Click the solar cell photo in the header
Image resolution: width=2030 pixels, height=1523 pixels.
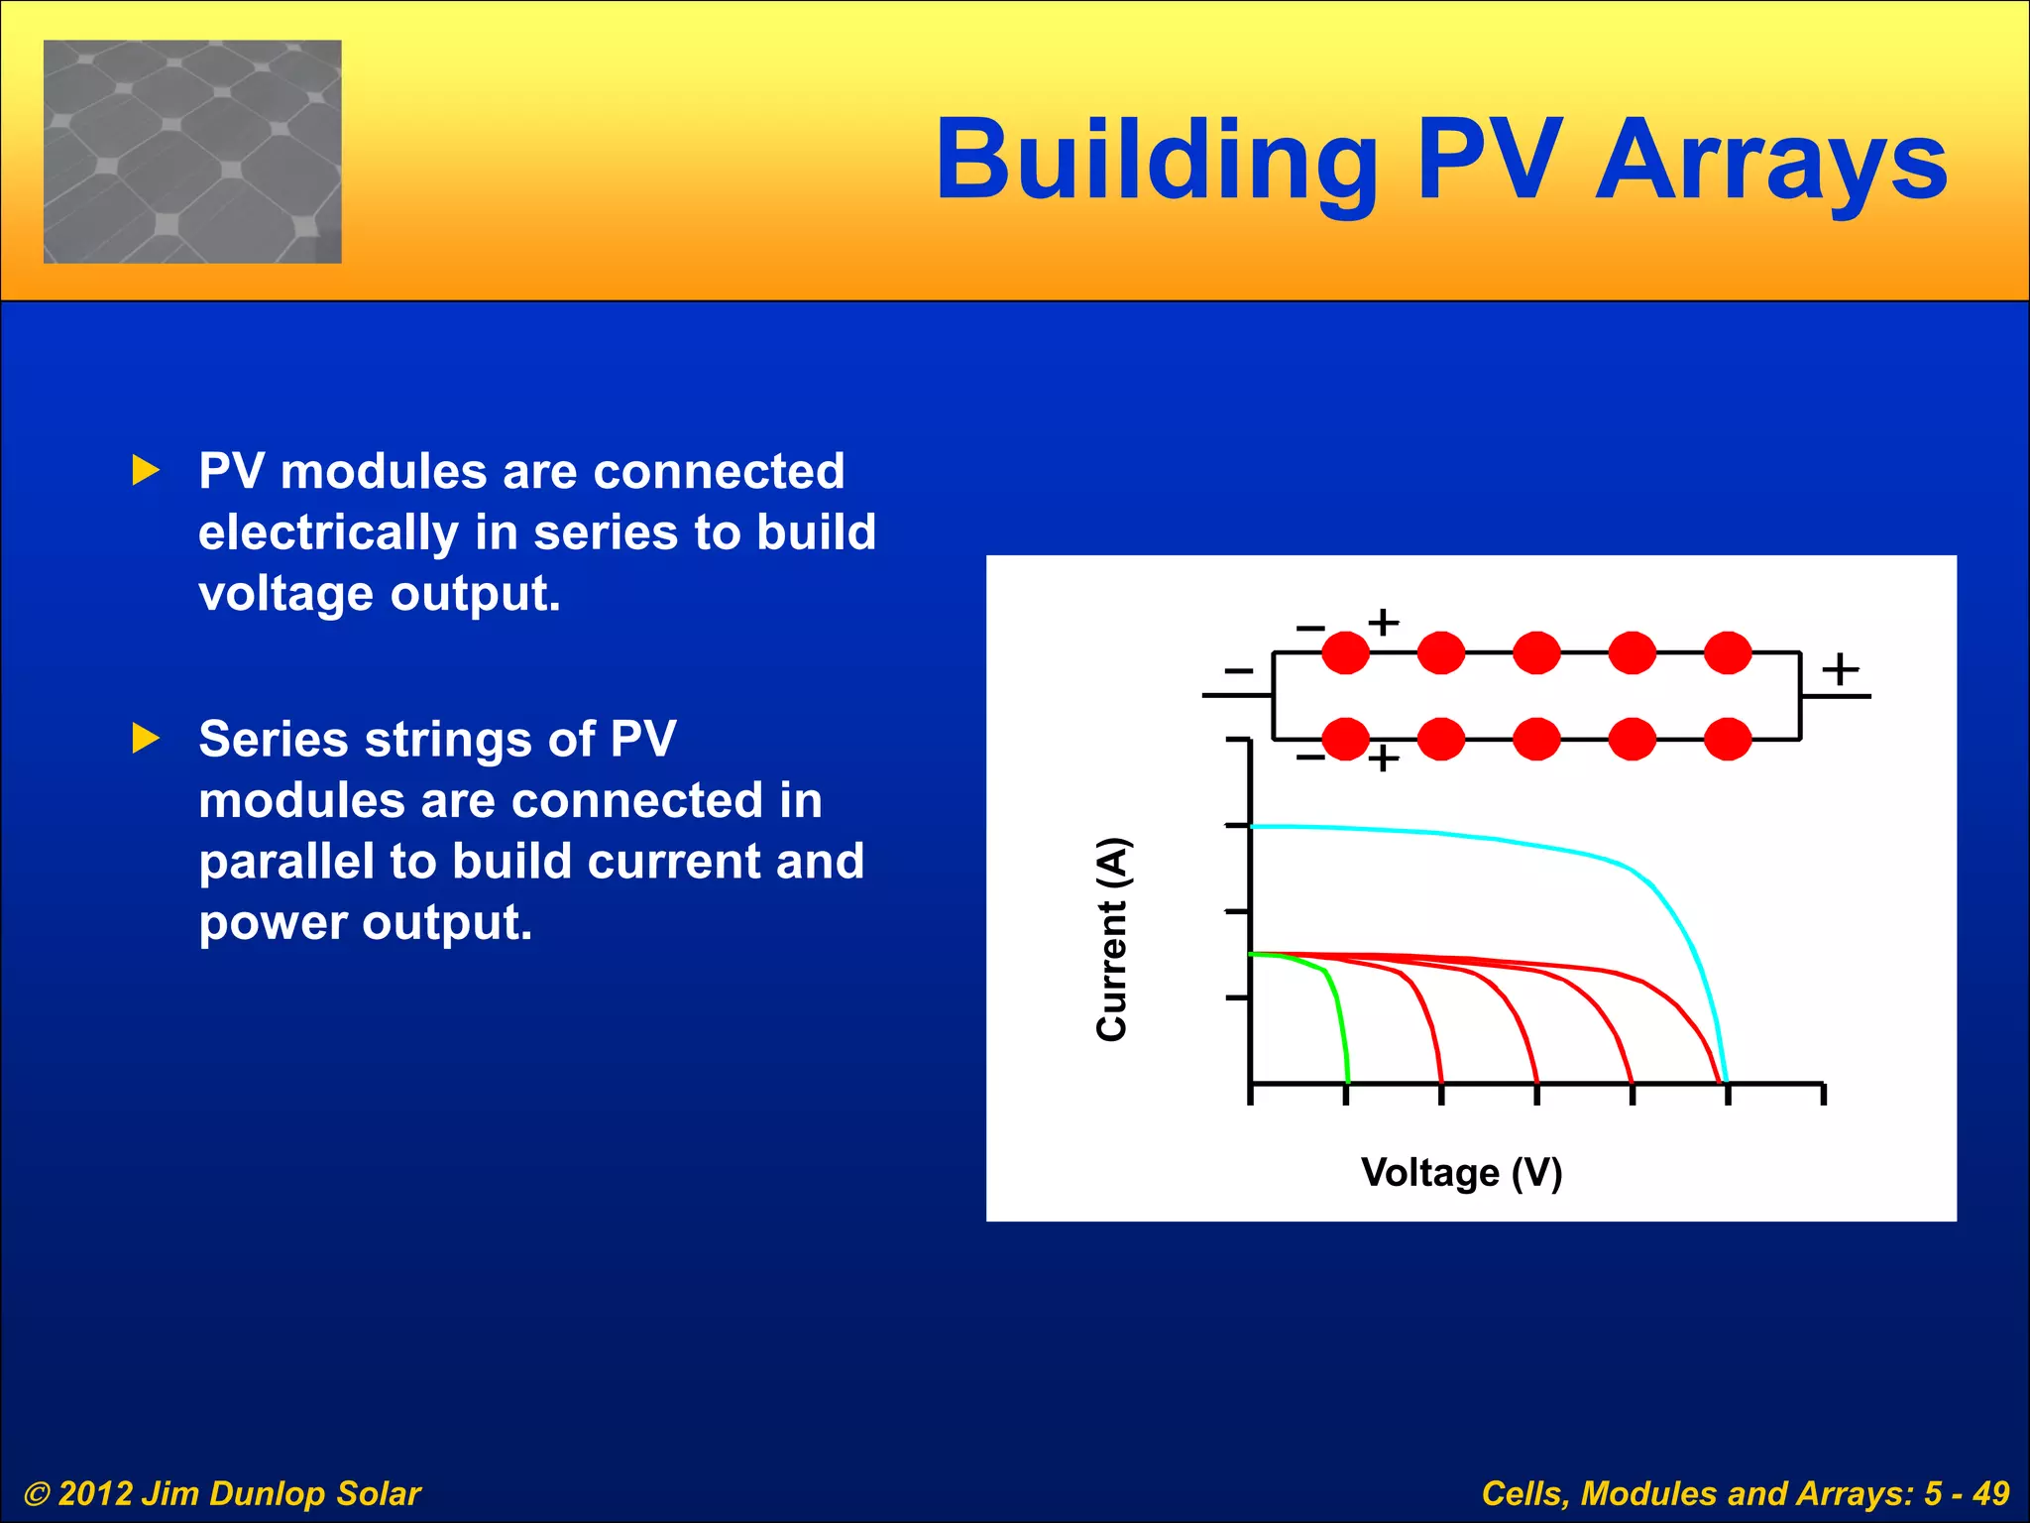[192, 152]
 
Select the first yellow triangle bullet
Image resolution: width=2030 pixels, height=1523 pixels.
[146, 471]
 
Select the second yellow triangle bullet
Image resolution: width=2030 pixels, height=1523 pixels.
[146, 738]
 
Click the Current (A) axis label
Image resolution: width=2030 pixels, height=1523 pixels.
[1112, 939]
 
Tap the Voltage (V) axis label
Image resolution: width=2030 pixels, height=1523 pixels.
[1461, 1172]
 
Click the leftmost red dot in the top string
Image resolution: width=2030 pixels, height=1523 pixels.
[1345, 652]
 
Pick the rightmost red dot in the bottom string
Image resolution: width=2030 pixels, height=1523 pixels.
[1728, 739]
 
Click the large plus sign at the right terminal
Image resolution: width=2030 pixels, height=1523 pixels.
[1840, 668]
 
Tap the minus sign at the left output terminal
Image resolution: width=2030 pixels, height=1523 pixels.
[1238, 671]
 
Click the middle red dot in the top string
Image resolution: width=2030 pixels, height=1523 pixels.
[1536, 652]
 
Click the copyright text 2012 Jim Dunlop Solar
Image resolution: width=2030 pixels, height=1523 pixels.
[223, 1493]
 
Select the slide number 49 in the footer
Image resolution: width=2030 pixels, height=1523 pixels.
[1989, 1493]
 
